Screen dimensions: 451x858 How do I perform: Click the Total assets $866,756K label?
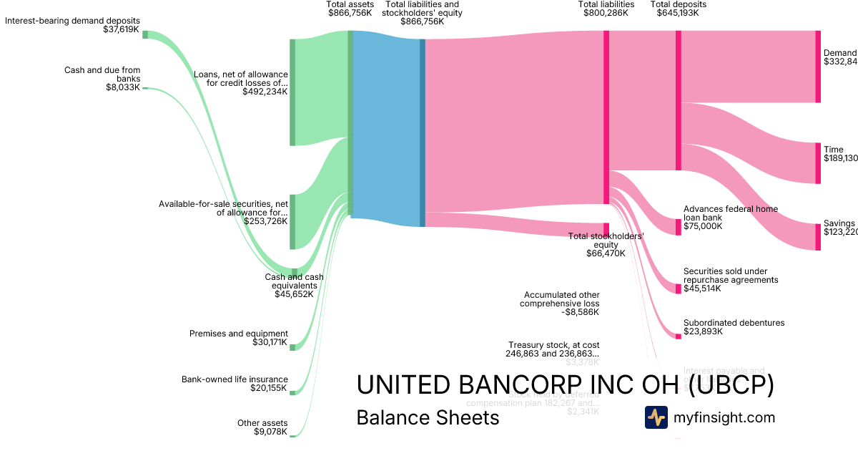[x=350, y=9]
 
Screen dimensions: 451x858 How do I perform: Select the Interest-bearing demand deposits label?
[x=72, y=25]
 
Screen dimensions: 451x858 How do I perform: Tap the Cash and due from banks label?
[x=102, y=79]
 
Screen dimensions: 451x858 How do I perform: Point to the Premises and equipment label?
[x=238, y=338]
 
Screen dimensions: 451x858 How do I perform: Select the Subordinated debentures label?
[x=734, y=327]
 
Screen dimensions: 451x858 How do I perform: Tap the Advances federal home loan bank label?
[x=730, y=218]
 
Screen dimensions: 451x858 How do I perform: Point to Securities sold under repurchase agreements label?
[x=730, y=280]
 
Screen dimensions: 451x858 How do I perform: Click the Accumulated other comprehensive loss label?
[x=561, y=303]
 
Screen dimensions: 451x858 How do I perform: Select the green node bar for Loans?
[x=292, y=92]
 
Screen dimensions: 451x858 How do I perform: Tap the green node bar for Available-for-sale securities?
[x=292, y=221]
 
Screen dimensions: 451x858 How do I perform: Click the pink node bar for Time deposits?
[x=818, y=163]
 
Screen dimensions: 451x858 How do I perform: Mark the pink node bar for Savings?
[x=818, y=237]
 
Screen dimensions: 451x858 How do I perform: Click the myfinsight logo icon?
[x=656, y=417]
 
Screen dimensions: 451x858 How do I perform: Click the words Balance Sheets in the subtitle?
[x=428, y=417]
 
